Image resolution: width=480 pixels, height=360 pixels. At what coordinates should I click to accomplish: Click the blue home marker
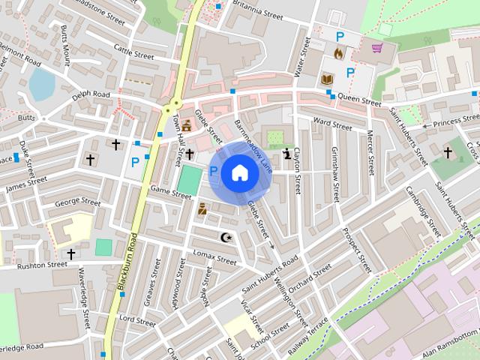[238, 173]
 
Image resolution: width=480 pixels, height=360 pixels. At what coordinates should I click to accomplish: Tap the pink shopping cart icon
[377, 49]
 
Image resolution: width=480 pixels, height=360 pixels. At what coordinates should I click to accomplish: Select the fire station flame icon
[338, 54]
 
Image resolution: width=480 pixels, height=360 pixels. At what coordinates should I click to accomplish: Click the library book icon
[327, 78]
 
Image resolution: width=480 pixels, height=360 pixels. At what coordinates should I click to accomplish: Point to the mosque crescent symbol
[225, 238]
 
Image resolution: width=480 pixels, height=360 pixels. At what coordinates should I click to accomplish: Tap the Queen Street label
[359, 97]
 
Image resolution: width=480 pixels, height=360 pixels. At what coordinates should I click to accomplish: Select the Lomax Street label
[214, 258]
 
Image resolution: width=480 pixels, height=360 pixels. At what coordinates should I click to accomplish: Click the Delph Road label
[91, 96]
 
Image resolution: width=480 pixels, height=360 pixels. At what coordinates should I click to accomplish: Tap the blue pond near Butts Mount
[41, 83]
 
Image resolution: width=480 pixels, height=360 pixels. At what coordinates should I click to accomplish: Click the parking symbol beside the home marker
[213, 172]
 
